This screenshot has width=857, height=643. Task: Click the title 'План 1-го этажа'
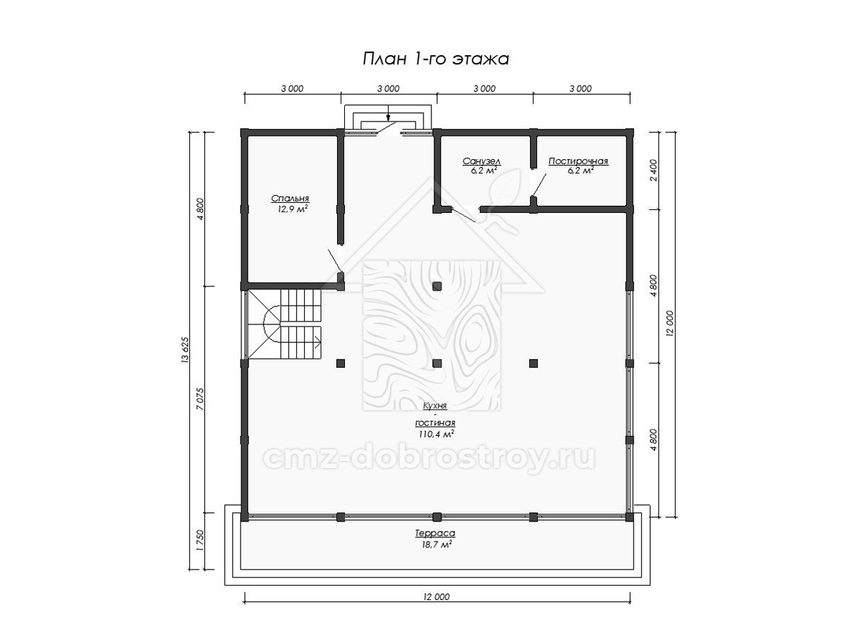point(436,59)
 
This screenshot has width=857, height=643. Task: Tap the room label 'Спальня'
point(290,199)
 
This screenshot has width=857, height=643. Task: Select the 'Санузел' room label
point(482,161)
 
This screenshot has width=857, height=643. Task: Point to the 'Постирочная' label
point(578,161)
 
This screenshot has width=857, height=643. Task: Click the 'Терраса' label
point(435,533)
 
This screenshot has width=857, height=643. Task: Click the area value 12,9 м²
point(292,209)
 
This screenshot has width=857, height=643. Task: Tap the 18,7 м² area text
point(436,544)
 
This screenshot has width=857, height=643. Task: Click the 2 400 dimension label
point(653,170)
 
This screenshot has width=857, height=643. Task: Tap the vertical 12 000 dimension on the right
point(670,323)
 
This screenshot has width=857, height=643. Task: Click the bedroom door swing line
point(336,261)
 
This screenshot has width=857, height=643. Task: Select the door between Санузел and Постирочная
point(539,185)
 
